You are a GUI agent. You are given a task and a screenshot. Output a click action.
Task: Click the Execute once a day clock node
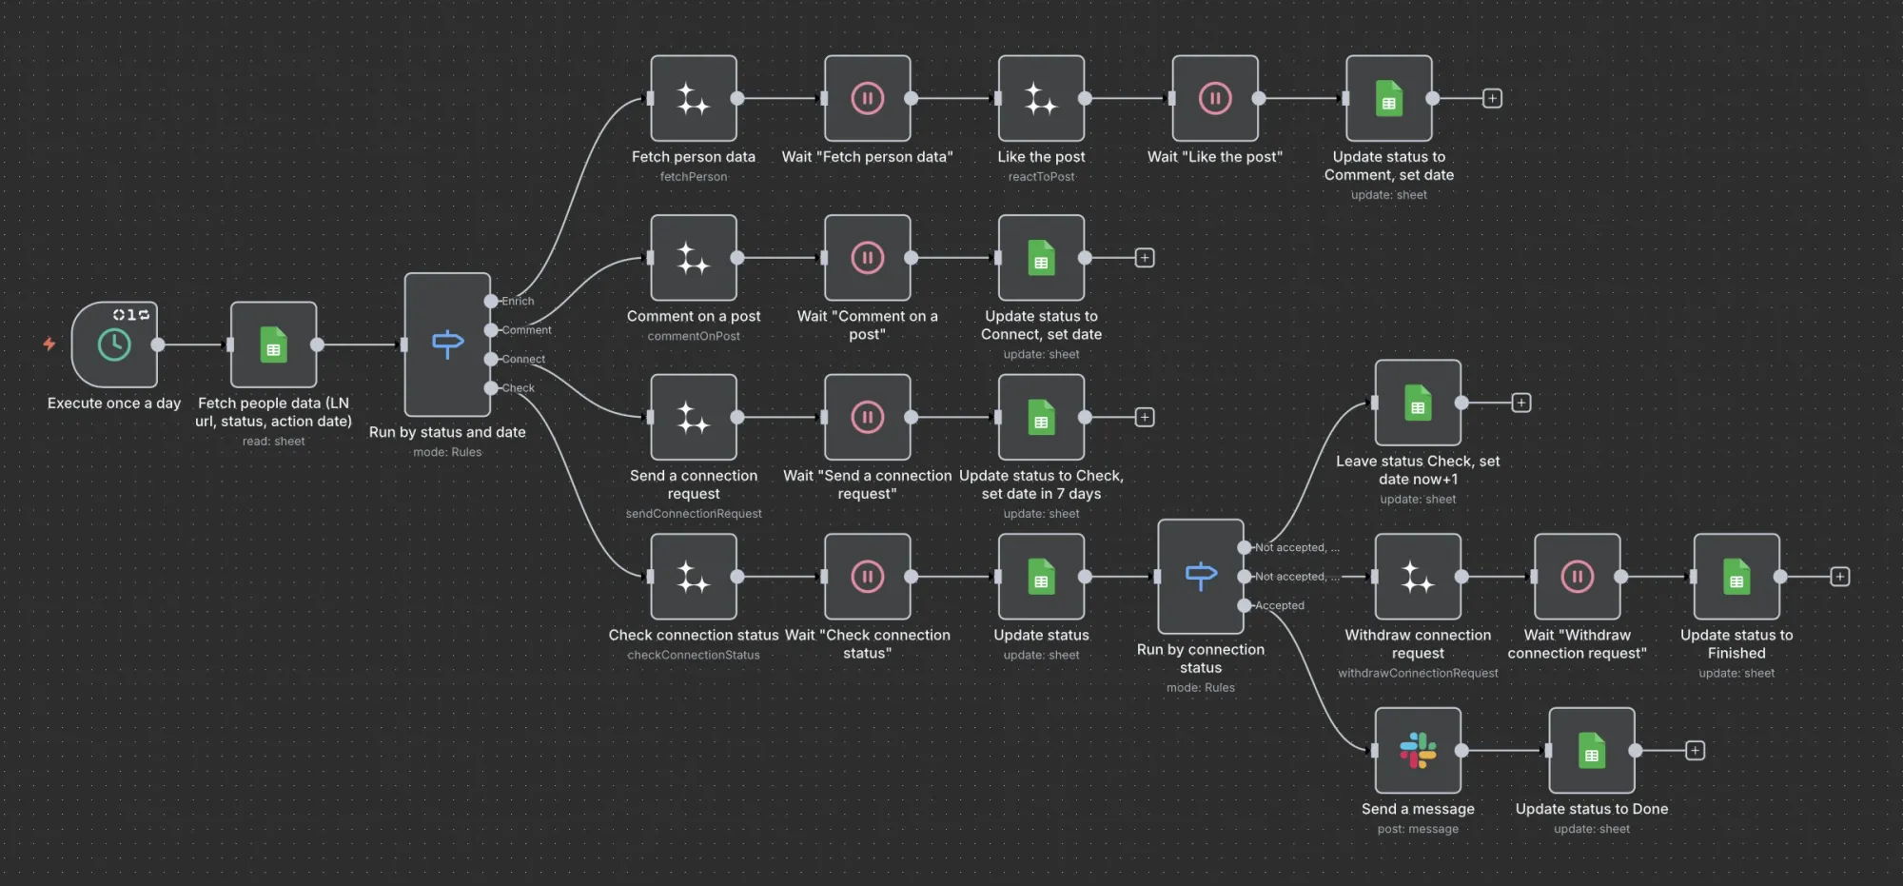(x=114, y=345)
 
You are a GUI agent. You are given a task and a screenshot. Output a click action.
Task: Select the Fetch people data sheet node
(x=273, y=345)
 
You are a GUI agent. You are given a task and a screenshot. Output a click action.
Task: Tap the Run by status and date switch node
(x=447, y=344)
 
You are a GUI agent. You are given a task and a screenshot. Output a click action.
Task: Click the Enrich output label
(x=518, y=301)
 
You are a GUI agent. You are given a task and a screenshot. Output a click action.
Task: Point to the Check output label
(x=518, y=388)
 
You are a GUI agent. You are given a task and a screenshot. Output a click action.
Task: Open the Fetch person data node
(x=694, y=98)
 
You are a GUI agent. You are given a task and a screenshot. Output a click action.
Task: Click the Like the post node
(x=1041, y=98)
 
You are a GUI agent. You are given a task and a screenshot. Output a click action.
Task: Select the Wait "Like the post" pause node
(x=1215, y=98)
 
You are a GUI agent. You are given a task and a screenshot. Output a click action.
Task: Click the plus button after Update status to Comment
(x=1492, y=98)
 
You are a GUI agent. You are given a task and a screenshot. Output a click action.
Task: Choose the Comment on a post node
(x=694, y=258)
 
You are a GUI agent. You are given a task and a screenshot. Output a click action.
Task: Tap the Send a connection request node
(x=694, y=417)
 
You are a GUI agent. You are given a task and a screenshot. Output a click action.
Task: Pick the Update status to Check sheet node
(x=1041, y=417)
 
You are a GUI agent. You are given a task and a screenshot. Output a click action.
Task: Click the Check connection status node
(x=694, y=577)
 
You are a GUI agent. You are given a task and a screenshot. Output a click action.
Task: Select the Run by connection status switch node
(x=1201, y=577)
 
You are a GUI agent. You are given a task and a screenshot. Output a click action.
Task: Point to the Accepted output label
(x=1279, y=605)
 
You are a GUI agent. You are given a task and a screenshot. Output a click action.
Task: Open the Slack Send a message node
(x=1418, y=751)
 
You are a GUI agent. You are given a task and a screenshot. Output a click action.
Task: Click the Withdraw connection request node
(x=1418, y=577)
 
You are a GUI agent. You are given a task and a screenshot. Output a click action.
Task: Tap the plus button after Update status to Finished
(x=1840, y=577)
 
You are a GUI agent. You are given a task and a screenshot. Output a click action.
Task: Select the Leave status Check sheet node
(x=1418, y=403)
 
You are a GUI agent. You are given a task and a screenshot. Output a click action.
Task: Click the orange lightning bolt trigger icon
(x=49, y=344)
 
